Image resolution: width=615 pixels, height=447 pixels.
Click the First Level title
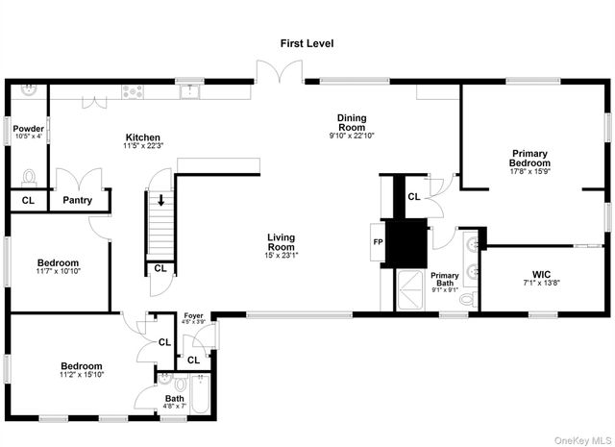click(x=307, y=43)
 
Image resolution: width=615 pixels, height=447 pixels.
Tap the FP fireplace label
click(x=379, y=242)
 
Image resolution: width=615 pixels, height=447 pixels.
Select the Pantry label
click(x=77, y=201)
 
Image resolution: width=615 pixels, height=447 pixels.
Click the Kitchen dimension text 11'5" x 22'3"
click(x=143, y=147)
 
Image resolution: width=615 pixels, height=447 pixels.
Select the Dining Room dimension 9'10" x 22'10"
click(x=351, y=136)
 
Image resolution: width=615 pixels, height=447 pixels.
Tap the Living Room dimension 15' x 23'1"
click(x=281, y=255)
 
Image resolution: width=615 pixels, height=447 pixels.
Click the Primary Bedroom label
click(x=529, y=158)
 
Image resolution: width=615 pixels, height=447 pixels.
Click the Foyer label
click(x=193, y=315)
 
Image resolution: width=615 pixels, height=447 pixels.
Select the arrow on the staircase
click(x=161, y=201)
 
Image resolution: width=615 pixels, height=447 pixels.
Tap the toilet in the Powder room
click(x=29, y=177)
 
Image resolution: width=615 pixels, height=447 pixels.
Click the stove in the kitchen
click(x=134, y=92)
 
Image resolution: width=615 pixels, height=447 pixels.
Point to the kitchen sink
click(x=192, y=91)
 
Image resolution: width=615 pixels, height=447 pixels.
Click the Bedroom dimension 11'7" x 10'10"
click(x=58, y=272)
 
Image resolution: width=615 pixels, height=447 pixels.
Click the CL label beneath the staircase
click(x=160, y=268)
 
